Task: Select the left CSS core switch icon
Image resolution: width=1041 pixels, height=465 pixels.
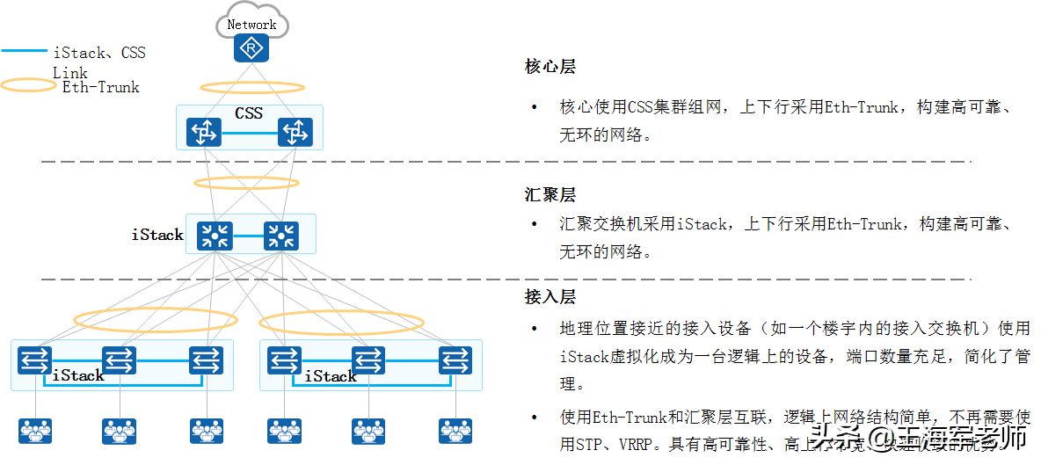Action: click(204, 134)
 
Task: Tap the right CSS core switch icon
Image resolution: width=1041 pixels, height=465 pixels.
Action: click(295, 134)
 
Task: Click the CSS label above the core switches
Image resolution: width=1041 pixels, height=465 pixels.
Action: click(249, 113)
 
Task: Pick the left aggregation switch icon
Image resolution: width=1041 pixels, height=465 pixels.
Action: click(214, 235)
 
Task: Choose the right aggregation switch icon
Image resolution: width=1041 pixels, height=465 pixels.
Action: click(281, 235)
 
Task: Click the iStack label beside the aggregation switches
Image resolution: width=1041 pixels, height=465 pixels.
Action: click(157, 235)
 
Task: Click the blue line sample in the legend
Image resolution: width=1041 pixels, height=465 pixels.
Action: click(25, 52)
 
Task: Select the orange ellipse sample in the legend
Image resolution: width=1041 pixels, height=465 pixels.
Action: click(30, 86)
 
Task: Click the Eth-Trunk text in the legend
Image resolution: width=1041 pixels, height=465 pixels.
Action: click(100, 87)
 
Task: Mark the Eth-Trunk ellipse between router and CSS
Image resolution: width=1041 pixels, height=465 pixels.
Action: click(252, 88)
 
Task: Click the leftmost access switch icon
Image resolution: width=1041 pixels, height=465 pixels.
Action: click(35, 360)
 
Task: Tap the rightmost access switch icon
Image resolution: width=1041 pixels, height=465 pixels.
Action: click(455, 360)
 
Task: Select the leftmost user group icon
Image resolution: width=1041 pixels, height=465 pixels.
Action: click(35, 431)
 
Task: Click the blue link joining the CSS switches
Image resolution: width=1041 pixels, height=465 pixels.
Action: click(249, 134)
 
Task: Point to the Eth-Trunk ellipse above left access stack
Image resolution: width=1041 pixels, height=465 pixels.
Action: click(143, 319)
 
